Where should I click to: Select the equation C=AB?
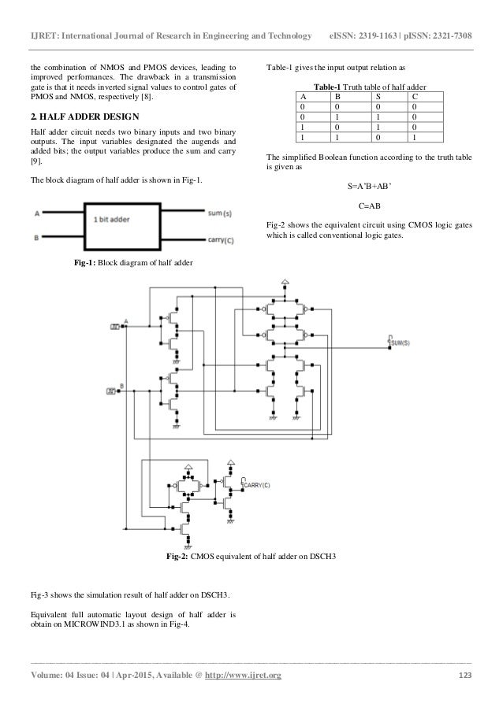pos(369,206)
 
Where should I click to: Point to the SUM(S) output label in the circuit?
pos(401,344)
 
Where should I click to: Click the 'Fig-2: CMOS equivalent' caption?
pos(251,557)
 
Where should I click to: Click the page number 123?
pos(464,676)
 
